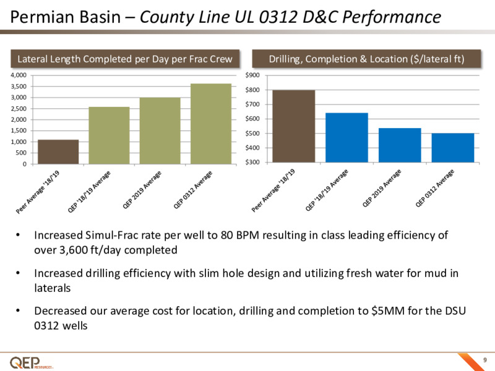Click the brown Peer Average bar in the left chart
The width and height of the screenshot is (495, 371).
58,151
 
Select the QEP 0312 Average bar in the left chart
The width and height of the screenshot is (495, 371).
211,124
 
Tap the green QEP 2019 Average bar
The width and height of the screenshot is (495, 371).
160,130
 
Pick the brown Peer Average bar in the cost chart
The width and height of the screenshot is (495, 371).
293,126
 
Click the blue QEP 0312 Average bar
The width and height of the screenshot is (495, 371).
453,148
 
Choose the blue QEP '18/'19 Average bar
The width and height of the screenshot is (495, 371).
346,137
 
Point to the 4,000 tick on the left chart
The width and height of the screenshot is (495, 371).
19,75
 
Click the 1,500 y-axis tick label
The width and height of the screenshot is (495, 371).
19,130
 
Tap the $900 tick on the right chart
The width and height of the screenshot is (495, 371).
252,75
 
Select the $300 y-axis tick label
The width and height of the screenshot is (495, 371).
252,162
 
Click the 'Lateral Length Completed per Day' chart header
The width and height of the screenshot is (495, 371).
125,59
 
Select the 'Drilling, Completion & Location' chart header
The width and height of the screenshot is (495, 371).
366,59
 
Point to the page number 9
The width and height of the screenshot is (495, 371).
485,360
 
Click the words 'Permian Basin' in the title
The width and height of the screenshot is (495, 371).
66,17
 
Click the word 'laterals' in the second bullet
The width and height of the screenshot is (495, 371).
53,288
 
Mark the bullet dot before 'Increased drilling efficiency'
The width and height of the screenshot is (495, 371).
18,273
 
